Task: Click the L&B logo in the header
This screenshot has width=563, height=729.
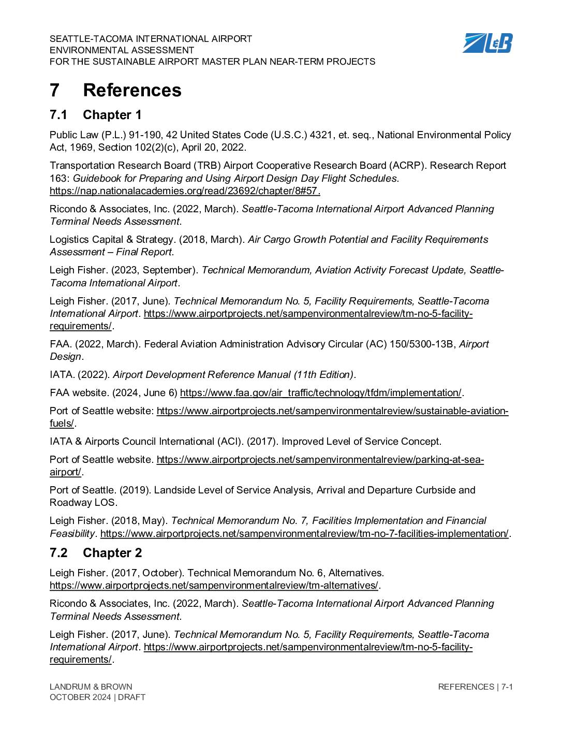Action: pos(487,43)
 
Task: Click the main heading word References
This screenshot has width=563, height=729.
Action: pos(132,90)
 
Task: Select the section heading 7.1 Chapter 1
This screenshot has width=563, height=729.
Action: pos(96,115)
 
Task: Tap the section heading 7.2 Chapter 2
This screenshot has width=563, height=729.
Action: pos(96,553)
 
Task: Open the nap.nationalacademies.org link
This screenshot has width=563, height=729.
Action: pos(185,191)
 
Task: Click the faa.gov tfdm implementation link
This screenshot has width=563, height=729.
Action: pos(320,393)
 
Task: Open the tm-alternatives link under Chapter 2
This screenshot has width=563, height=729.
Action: pos(214,586)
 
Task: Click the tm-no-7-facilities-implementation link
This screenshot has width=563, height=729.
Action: pos(304,533)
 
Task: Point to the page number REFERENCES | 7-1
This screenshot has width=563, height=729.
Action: pos(475,687)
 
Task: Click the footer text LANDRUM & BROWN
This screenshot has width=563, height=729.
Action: pos(91,687)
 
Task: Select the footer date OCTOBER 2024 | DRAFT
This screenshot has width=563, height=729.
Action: pos(97,697)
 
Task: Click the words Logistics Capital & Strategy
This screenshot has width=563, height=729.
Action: pos(112,240)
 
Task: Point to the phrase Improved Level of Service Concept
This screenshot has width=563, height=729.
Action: pos(361,442)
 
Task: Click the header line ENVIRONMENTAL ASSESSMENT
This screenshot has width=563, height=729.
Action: pos(122,50)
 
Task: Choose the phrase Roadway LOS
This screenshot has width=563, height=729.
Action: pos(83,503)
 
